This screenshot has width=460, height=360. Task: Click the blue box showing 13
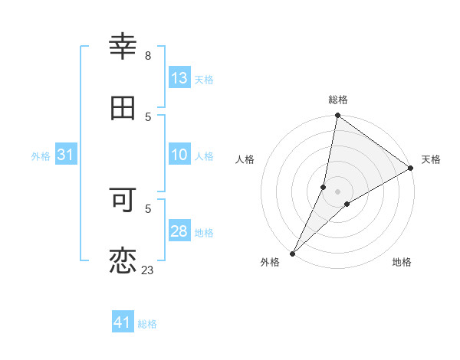tap(179, 78)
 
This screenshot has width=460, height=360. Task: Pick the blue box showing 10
tap(179, 155)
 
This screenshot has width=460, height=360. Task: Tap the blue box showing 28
tap(179, 231)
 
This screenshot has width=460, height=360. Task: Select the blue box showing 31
tap(66, 155)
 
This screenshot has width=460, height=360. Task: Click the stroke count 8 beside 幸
tap(148, 56)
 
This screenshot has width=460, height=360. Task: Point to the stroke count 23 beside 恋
tap(147, 270)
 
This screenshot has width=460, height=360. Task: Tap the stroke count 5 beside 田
tap(148, 117)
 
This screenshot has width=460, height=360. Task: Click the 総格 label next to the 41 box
tap(147, 324)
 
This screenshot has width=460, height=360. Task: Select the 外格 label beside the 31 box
tap(41, 155)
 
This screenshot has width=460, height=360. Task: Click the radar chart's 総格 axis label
tap(338, 100)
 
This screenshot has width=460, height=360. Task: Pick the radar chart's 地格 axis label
tap(402, 263)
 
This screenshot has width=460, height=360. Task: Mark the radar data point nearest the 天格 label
tap(411, 169)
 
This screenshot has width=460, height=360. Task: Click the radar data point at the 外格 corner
tap(292, 253)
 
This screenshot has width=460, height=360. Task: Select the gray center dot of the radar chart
tap(338, 191)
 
